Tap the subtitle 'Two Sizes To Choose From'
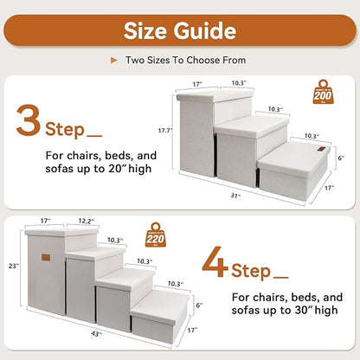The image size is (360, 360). click(x=184, y=61)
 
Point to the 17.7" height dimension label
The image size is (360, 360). click(x=164, y=131)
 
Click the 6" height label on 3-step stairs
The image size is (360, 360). click(x=341, y=157)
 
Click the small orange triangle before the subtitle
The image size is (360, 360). click(x=113, y=61)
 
